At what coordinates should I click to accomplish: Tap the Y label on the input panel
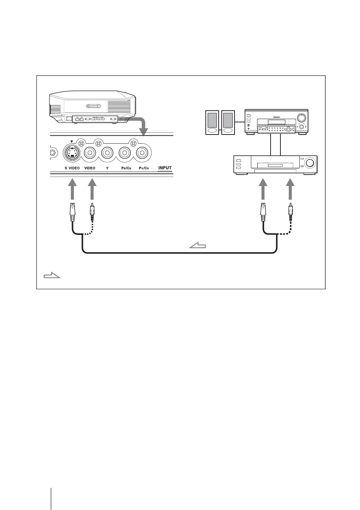pos(107,167)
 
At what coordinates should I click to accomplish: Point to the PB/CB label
pos(125,167)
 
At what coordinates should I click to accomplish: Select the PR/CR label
pos(144,167)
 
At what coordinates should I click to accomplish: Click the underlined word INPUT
pos(165,167)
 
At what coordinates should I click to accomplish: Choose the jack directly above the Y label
pos(107,153)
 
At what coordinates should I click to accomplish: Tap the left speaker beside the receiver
pos(212,122)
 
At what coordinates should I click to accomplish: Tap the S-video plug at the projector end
pos(73,213)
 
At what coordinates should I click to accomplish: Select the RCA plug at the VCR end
pos(290,213)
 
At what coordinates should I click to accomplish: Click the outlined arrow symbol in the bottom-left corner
pos(52,275)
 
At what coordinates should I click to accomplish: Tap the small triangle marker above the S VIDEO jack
pos(71,142)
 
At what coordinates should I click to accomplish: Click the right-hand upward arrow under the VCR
pos(290,190)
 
